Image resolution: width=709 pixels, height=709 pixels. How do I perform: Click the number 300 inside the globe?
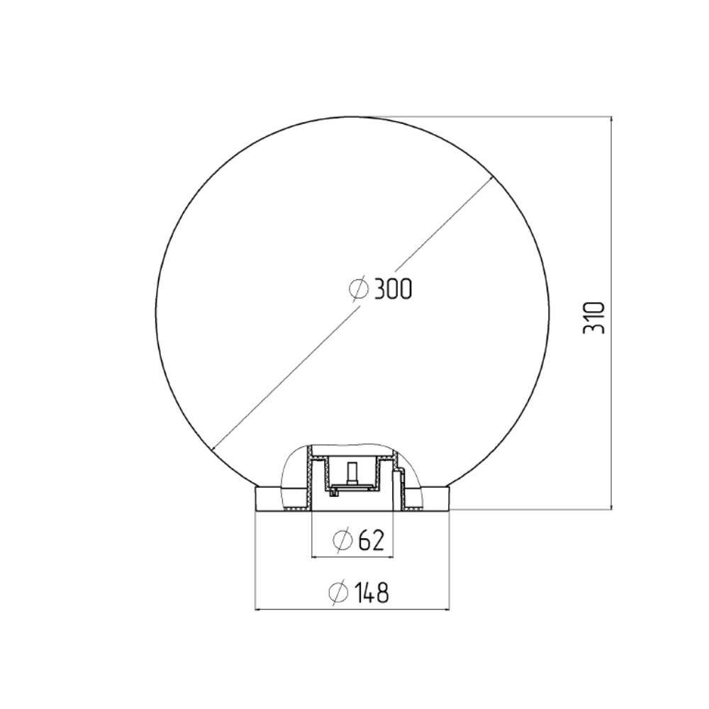tap(393, 289)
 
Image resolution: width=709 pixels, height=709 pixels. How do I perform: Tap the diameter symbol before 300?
tap(359, 289)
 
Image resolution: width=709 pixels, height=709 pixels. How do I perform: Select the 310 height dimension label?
tap(593, 318)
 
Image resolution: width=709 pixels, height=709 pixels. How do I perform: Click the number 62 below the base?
tap(372, 540)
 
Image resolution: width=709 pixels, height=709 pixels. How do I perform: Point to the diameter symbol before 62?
tap(342, 540)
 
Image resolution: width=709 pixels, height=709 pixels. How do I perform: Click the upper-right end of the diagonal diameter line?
tap(491, 178)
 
